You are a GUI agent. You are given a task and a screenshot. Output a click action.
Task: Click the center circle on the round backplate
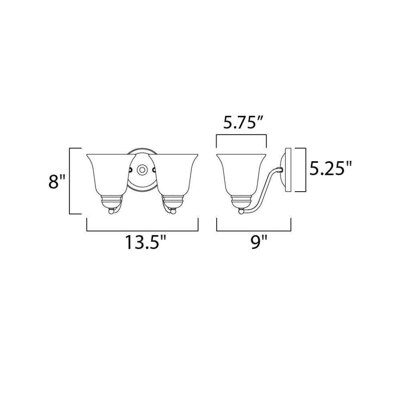(142, 170)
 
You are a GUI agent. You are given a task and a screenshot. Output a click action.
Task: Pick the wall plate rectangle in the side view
(288, 170)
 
